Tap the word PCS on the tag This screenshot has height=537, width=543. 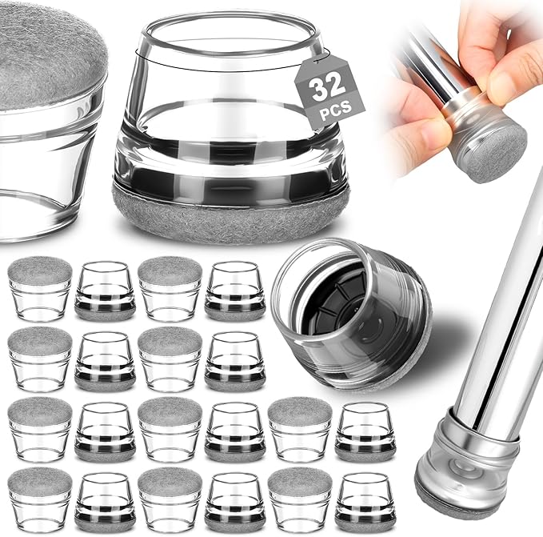336,110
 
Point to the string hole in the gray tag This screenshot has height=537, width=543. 315,62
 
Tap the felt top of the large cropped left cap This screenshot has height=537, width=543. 49,52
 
